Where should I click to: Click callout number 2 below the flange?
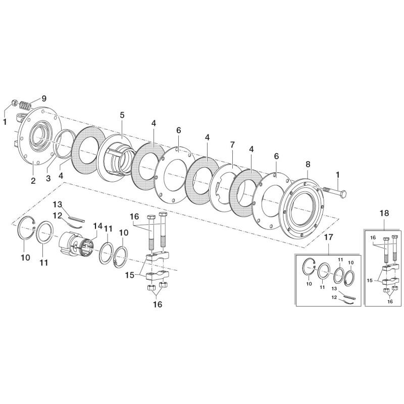point(33,181)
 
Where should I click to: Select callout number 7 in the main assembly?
point(232,145)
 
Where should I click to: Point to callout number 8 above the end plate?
point(308,164)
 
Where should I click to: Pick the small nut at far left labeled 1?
point(15,104)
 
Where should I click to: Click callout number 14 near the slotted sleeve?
point(97,226)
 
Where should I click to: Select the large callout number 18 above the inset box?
point(384,213)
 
